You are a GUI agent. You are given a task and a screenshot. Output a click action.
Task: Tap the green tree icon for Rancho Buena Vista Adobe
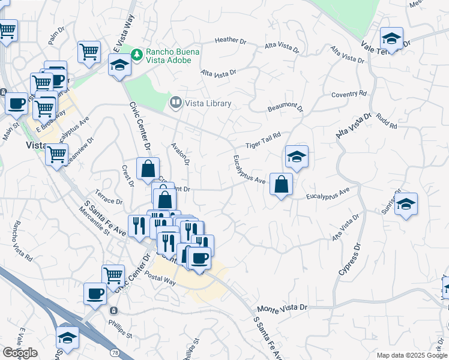pyautogui.click(x=138, y=55)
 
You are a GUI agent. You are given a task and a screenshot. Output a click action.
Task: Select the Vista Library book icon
pyautogui.click(x=175, y=103)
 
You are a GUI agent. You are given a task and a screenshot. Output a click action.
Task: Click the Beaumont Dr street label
pyautogui.click(x=286, y=108)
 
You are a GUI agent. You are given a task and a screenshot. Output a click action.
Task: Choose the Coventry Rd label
pyautogui.click(x=349, y=94)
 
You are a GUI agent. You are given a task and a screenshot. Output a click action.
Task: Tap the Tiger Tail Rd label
pyautogui.click(x=263, y=141)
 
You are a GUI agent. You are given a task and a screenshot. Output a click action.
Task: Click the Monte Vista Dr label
pyautogui.click(x=282, y=307)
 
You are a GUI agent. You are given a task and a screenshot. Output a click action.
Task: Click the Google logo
pyautogui.click(x=19, y=353)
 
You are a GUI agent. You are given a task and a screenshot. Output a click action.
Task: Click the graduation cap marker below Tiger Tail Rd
pyautogui.click(x=297, y=157)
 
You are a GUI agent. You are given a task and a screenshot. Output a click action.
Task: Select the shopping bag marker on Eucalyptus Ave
pyautogui.click(x=281, y=185)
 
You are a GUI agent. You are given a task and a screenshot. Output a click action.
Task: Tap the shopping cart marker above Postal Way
pyautogui.click(x=113, y=276)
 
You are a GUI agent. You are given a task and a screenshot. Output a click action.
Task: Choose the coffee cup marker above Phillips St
pyautogui.click(x=95, y=295)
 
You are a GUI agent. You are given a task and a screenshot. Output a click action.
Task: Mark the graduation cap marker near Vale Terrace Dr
pyautogui.click(x=391, y=40)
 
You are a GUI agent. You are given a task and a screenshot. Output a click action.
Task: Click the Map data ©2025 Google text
pyautogui.click(x=412, y=355)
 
